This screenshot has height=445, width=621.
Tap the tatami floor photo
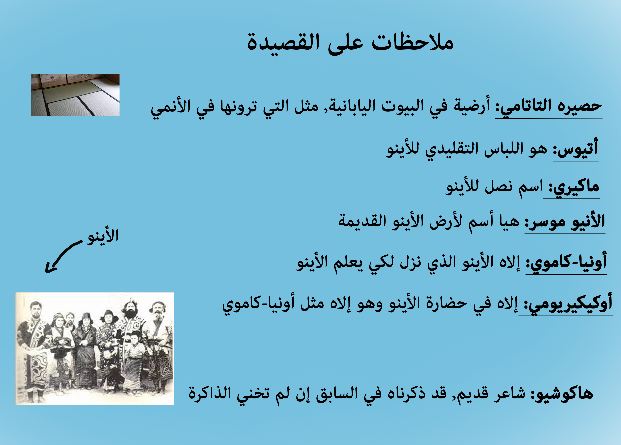pos(75,95)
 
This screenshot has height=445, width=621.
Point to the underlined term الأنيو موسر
pos(565,222)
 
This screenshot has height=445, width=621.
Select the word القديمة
pos(362,222)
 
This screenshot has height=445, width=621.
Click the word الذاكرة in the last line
pos(209,394)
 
